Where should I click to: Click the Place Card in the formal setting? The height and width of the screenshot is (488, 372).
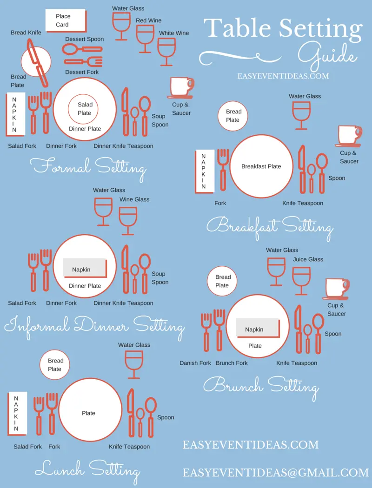(66, 20)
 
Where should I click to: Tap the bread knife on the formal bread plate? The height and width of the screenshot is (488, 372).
(37, 63)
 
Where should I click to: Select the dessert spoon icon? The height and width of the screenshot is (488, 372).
(82, 49)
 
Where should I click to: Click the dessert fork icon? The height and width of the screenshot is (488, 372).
(83, 61)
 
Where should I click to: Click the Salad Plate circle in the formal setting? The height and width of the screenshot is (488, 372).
(83, 109)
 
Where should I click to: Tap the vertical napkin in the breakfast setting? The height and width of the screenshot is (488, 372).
(205, 171)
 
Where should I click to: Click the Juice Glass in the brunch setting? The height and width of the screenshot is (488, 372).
(301, 281)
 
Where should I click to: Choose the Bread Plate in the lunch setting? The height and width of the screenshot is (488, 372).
(55, 365)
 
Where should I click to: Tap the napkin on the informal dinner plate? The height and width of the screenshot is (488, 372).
(85, 268)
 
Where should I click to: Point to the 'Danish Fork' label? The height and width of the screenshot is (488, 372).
(195, 363)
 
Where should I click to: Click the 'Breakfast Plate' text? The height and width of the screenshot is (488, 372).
(261, 166)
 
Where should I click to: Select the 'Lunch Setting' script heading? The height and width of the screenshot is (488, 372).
(87, 470)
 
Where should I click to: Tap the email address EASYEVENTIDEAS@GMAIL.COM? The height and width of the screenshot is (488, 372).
(275, 473)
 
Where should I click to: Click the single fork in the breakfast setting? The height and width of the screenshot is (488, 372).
(223, 170)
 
